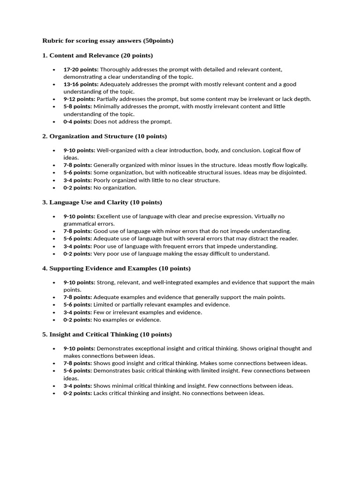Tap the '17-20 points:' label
pyautogui.click(x=81, y=69)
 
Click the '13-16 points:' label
pyautogui.click(x=81, y=84)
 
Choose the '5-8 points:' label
pyautogui.click(x=77, y=106)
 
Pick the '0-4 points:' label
pyautogui.click(x=77, y=121)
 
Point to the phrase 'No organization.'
pyautogui.click(x=115, y=187)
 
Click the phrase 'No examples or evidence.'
pyautogui.click(x=127, y=320)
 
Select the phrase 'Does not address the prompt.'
pyautogui.click(x=133, y=121)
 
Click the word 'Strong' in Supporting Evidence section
pyautogui.click(x=105, y=283)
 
